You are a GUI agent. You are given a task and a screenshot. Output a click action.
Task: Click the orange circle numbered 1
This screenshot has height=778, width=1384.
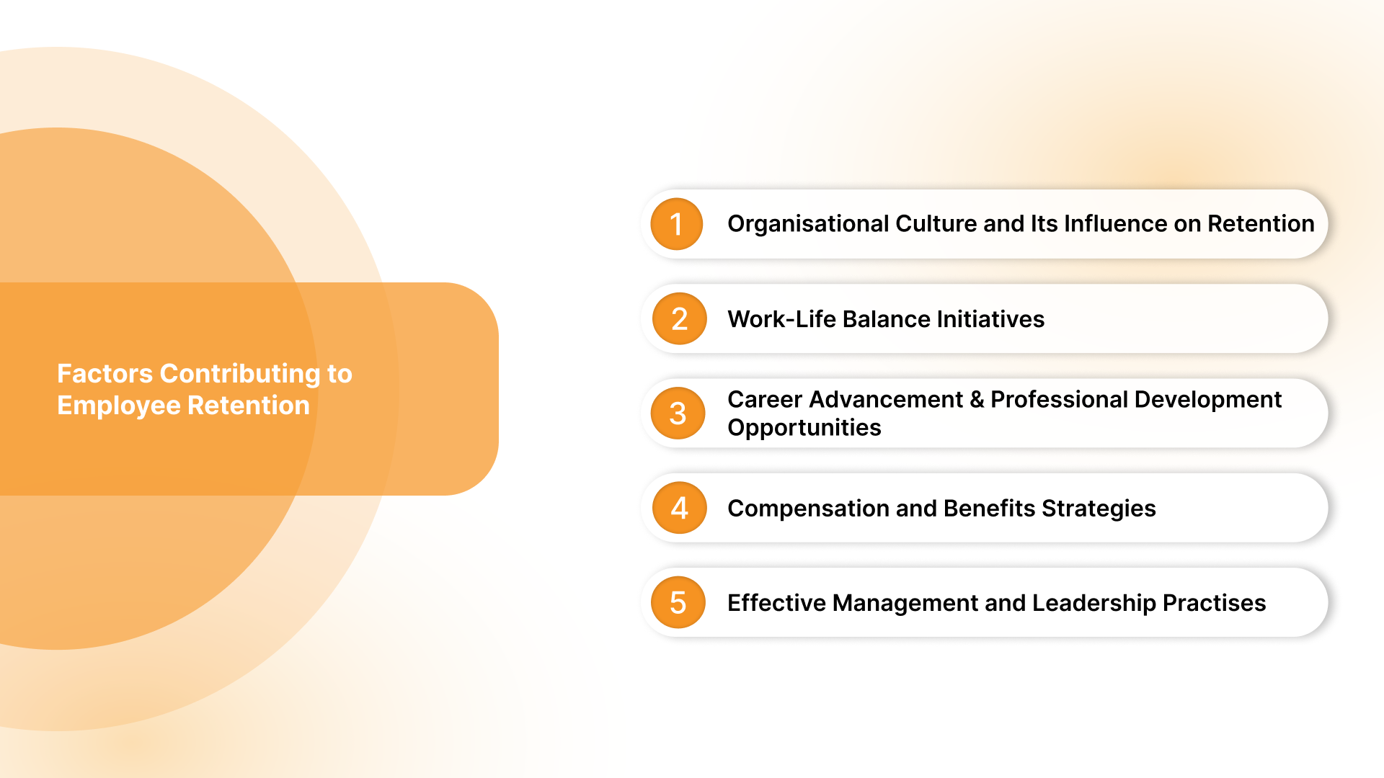[676, 224]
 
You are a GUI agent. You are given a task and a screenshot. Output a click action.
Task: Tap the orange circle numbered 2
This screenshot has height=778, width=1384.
[679, 318]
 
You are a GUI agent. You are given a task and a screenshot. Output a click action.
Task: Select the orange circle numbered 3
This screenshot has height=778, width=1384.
[678, 413]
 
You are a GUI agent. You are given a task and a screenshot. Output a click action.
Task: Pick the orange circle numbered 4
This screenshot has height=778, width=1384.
[679, 508]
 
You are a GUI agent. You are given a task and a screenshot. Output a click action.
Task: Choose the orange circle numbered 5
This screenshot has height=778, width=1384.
[678, 602]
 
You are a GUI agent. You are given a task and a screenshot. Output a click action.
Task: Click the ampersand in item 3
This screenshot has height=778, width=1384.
[977, 400]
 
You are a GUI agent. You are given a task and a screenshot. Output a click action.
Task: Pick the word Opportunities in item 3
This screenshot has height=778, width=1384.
[804, 428]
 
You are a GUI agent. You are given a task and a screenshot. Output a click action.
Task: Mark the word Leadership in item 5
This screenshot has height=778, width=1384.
[1094, 603]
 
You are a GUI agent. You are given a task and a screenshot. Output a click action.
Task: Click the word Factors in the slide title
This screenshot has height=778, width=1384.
[105, 374]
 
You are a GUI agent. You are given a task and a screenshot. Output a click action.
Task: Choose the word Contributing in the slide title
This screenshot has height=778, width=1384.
[239, 374]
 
